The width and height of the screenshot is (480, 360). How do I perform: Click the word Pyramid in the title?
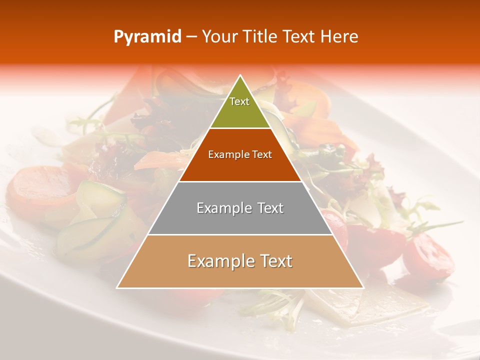click(147, 37)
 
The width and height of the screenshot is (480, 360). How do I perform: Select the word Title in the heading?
click(260, 37)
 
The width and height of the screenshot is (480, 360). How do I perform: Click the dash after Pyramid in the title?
click(191, 37)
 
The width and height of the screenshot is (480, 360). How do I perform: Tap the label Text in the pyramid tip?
click(239, 101)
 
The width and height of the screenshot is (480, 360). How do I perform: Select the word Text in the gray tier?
click(270, 208)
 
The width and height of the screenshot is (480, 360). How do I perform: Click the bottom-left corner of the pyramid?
click(117, 287)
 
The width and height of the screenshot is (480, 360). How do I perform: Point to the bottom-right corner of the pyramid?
click(363, 287)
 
